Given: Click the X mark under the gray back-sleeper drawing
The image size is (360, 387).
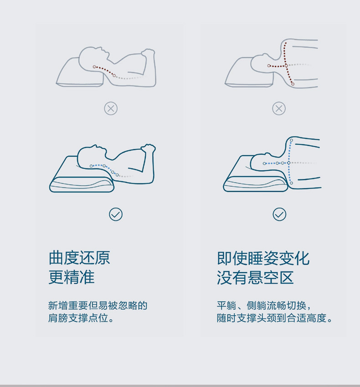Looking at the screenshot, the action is point(111,108).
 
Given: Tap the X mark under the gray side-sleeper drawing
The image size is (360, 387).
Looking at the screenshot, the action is point(279,108).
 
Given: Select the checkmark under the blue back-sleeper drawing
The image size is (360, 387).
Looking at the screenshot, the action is point(116,214).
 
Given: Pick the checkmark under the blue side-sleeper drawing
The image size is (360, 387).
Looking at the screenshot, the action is point(279,214).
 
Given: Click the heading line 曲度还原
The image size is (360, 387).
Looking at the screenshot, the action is point(79,258).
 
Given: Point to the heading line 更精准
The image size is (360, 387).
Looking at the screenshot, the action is point(72,277).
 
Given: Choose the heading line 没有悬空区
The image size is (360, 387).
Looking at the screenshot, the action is point(255,277).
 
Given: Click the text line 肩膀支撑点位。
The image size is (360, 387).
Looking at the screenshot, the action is point(81,318).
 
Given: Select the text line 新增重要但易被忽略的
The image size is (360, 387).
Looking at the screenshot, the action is point(98,306).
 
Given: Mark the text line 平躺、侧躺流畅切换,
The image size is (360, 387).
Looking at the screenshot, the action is point(264,306).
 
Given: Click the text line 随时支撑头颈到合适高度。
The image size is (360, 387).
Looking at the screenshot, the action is point(274,318).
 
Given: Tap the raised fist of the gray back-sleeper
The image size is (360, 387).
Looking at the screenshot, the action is point(148,53).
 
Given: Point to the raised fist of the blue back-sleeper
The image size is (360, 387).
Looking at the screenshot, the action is point(148,148).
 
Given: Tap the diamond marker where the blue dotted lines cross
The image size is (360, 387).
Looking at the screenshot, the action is point(288,163).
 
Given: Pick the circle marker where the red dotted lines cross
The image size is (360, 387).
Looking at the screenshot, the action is point(286,66).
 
